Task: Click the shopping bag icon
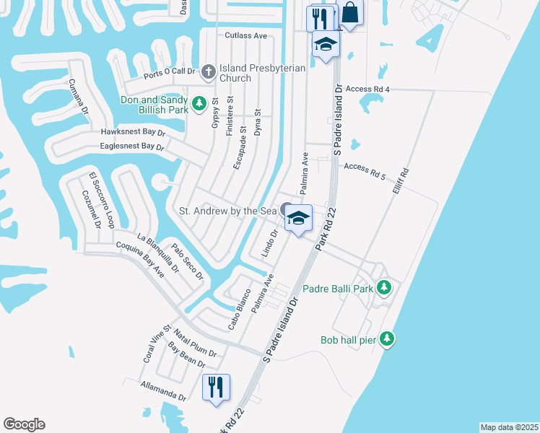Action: pos(349,14)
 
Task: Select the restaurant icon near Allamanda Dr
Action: pos(216,388)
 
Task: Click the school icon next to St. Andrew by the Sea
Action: pos(298,216)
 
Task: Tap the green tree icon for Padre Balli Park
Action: pos(385,288)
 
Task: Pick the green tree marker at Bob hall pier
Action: pos(388,338)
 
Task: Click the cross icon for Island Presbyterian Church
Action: pos(208,71)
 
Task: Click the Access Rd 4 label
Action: pos(367,89)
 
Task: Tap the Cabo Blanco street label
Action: pos(239,310)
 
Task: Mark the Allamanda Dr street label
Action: pos(164,390)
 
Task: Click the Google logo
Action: pos(24,424)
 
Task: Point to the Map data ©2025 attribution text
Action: pos(509,427)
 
